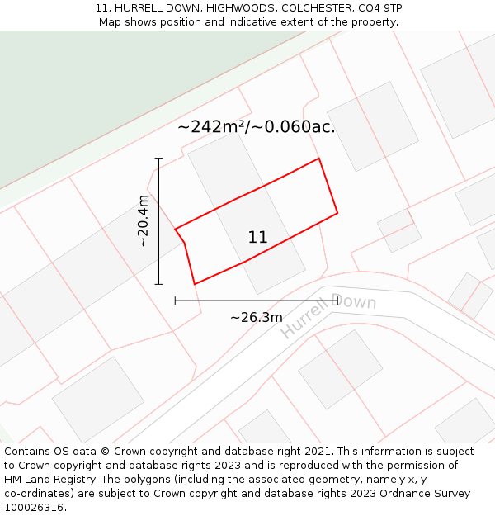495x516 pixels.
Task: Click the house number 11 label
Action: click(257, 238)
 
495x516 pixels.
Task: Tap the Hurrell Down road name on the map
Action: click(328, 315)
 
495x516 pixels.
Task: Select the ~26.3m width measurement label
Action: click(256, 317)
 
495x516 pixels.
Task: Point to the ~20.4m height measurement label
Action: click(144, 221)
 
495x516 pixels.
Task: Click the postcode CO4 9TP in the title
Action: click(379, 8)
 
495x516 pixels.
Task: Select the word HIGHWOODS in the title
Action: click(241, 8)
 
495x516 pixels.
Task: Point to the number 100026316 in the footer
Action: click(34, 508)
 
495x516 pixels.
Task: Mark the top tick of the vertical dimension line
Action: click(158, 158)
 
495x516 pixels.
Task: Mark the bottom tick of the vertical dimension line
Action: click(158, 284)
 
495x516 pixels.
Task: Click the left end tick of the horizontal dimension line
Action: click(175, 301)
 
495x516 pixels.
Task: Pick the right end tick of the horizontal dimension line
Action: click(338, 301)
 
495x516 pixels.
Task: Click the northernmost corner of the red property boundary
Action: click(318, 159)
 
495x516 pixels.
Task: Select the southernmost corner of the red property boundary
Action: click(195, 284)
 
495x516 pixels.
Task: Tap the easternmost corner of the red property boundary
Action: click(337, 214)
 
